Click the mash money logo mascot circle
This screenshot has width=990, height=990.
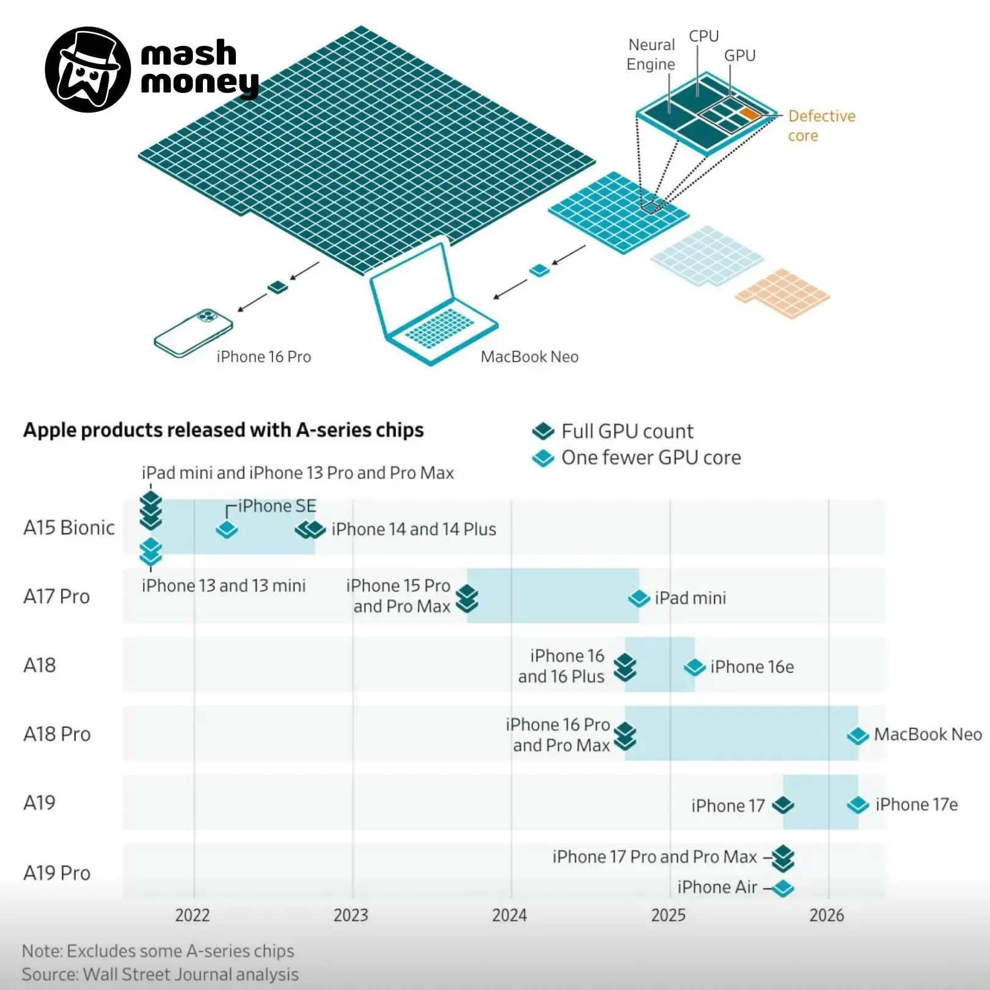point(88,70)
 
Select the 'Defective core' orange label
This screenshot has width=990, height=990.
point(821,125)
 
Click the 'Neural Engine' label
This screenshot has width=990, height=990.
point(651,54)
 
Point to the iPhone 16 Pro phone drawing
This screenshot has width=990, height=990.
point(193,333)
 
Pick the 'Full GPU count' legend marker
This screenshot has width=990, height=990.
point(543,431)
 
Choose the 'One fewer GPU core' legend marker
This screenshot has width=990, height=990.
point(543,458)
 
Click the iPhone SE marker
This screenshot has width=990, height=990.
point(227,529)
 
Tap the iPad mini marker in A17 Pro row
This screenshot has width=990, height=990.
point(639,598)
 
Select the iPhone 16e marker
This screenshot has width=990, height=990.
point(695,667)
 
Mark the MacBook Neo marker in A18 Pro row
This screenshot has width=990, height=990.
point(858,735)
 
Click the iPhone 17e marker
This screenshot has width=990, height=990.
point(858,805)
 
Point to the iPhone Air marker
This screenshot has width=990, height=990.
point(783,888)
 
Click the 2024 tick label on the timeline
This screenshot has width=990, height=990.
point(510,915)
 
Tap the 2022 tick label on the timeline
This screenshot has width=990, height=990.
point(193,915)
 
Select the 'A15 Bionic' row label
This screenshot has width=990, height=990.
point(69,527)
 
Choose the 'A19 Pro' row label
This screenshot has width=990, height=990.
point(57,873)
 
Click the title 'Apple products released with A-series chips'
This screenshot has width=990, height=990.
point(224,430)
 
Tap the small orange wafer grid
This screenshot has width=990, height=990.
point(782,294)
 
